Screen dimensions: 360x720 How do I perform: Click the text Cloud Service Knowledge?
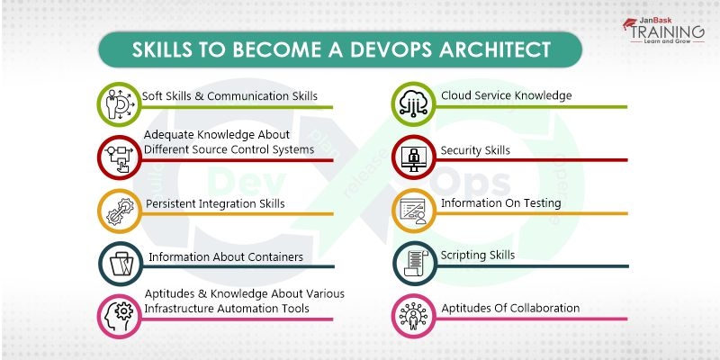click(x=506, y=95)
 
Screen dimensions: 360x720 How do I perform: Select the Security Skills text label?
click(x=475, y=150)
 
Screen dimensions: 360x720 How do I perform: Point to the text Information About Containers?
click(x=225, y=257)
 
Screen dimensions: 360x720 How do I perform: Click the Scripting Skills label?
click(x=478, y=256)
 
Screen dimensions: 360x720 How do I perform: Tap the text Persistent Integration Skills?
click(x=216, y=203)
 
